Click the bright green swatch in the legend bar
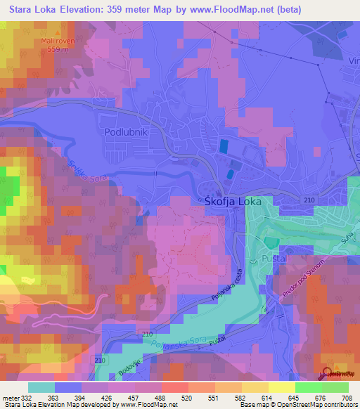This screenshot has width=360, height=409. click(308, 387)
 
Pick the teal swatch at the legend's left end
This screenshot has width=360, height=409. click(41, 387)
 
